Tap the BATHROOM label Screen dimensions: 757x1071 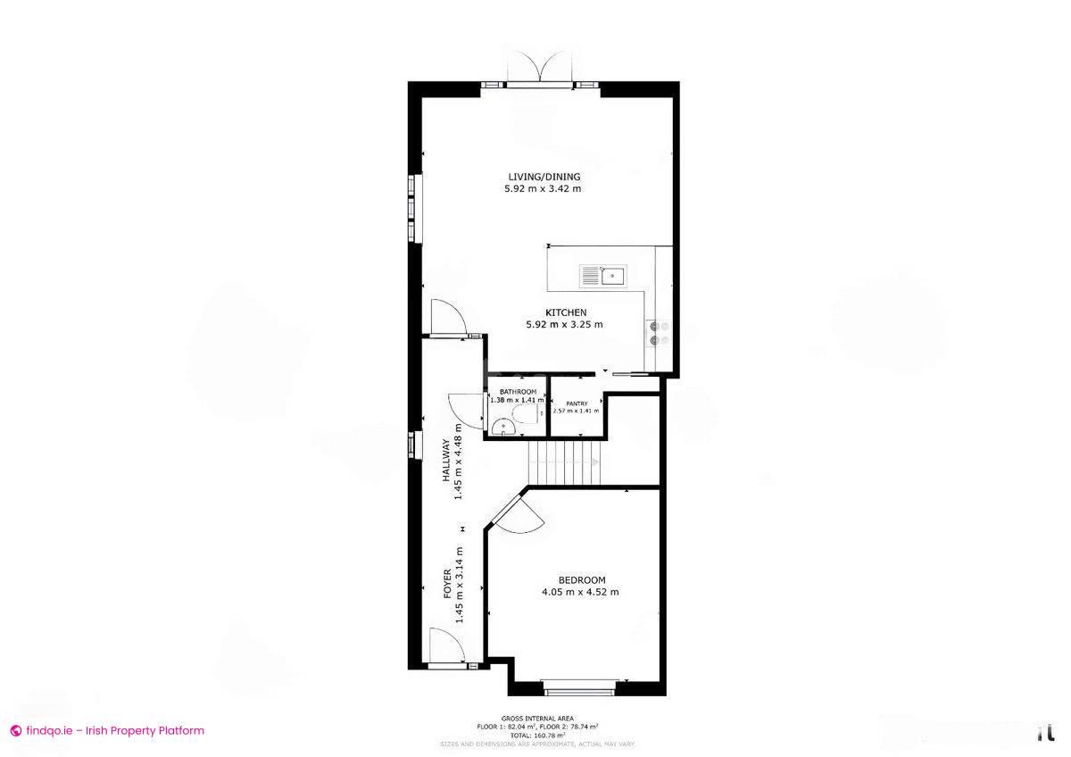[x=518, y=392]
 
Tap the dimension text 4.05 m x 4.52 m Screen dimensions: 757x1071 [x=580, y=592]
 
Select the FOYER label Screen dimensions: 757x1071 [x=448, y=583]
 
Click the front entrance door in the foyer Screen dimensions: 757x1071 [x=447, y=647]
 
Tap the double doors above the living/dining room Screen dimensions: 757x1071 [x=541, y=70]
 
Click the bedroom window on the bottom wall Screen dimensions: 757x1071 [x=578, y=687]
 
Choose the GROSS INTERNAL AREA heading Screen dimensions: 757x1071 [x=537, y=718]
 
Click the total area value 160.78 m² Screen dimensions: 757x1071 [x=537, y=735]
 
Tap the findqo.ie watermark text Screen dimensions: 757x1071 [x=108, y=730]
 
